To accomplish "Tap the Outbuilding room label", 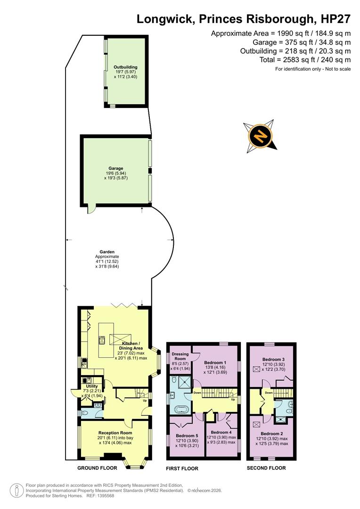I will pyautogui.click(x=125, y=67).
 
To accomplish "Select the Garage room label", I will pyautogui.click(x=116, y=168).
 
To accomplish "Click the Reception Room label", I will pyautogui.click(x=115, y=433).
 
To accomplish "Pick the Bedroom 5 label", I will pyautogui.click(x=187, y=435).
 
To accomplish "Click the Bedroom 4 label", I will pyautogui.click(x=221, y=432).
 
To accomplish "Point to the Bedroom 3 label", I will pyautogui.click(x=273, y=359).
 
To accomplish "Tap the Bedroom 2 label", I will pyautogui.click(x=272, y=434).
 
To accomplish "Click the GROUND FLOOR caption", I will pyautogui.click(x=97, y=468).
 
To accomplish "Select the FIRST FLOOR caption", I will pyautogui.click(x=182, y=468).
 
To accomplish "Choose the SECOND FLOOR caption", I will pyautogui.click(x=266, y=468).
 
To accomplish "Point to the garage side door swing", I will pyautogui.click(x=91, y=209).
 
